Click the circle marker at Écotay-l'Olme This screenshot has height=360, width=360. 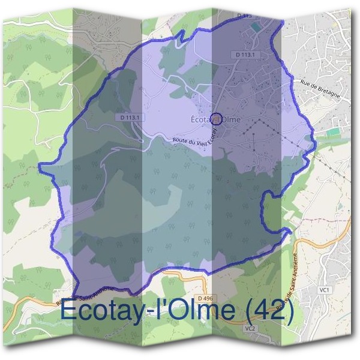tap(217, 118)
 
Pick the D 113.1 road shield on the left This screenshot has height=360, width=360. tap(130, 118)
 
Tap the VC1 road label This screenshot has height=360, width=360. tap(325, 290)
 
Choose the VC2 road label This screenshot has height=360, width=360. tap(250, 329)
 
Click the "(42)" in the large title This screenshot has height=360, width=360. tap(268, 311)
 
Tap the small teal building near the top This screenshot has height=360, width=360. tap(257, 27)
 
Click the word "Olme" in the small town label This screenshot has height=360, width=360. tap(230, 119)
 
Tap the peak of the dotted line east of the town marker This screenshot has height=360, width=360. tap(262, 119)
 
